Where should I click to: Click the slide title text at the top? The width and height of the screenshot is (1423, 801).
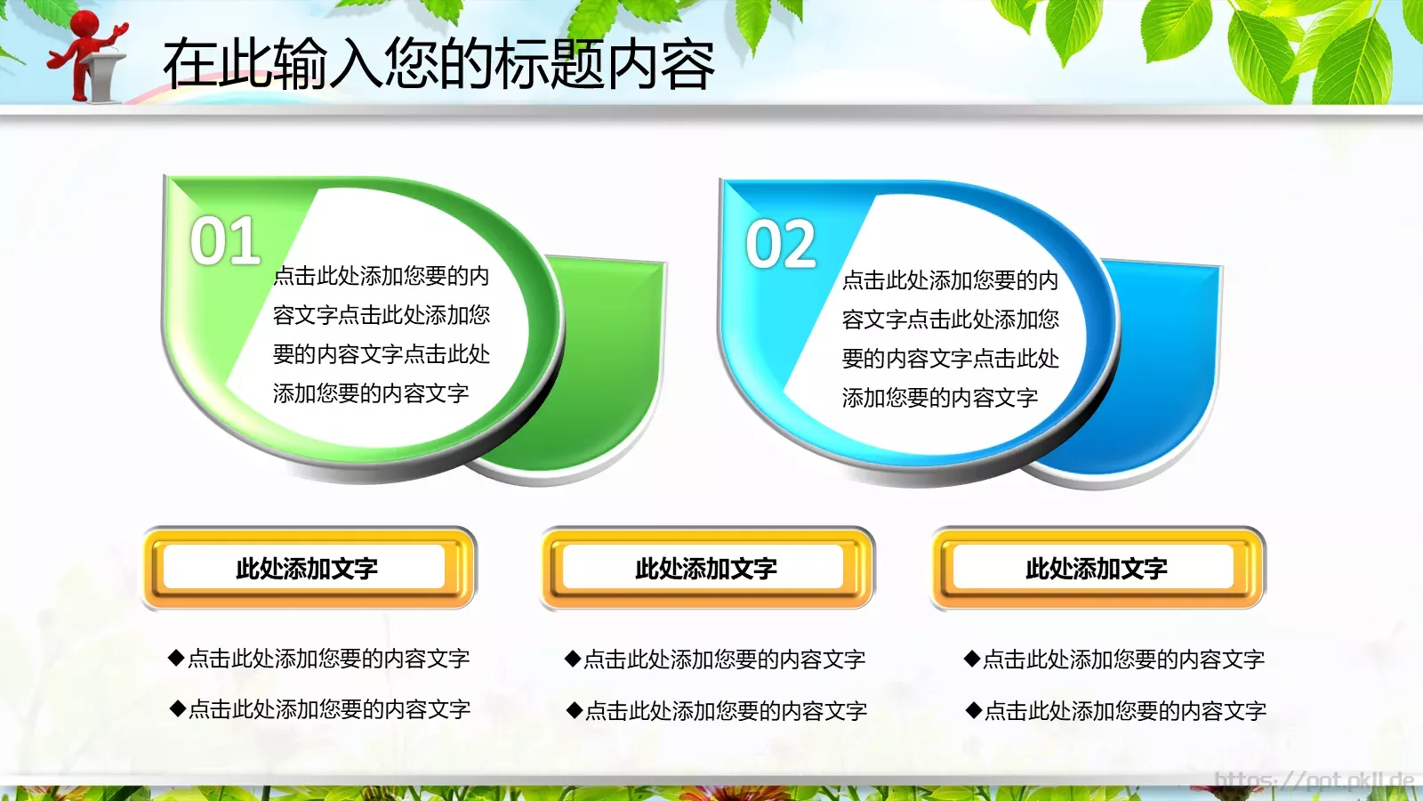[438, 64]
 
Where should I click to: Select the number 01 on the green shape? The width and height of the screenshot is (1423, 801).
[225, 241]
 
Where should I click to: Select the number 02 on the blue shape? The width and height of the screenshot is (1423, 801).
[781, 245]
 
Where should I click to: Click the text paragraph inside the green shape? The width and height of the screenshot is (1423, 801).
[381, 335]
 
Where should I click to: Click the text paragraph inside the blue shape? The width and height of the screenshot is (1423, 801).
[950, 339]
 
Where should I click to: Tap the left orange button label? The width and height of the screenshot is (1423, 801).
[307, 568]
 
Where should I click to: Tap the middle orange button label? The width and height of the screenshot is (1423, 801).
[706, 568]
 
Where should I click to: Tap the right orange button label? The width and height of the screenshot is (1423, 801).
[1097, 568]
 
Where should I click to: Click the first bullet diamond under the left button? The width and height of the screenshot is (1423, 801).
[176, 659]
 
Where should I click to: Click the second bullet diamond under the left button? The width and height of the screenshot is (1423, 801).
[177, 709]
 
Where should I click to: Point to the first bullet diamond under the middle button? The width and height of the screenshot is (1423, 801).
[573, 659]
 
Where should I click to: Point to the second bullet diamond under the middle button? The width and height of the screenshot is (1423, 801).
[575, 710]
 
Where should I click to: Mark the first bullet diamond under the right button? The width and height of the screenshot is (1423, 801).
[972, 659]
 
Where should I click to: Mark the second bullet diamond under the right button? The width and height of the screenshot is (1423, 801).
[974, 710]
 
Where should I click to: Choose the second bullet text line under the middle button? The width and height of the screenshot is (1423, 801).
[726, 710]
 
